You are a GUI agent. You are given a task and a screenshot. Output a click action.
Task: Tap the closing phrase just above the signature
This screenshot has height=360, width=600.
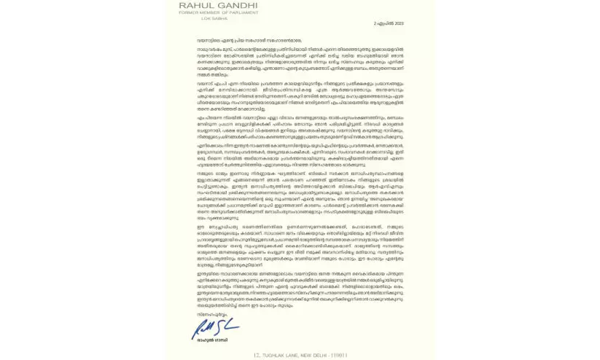[x=202, y=314]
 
